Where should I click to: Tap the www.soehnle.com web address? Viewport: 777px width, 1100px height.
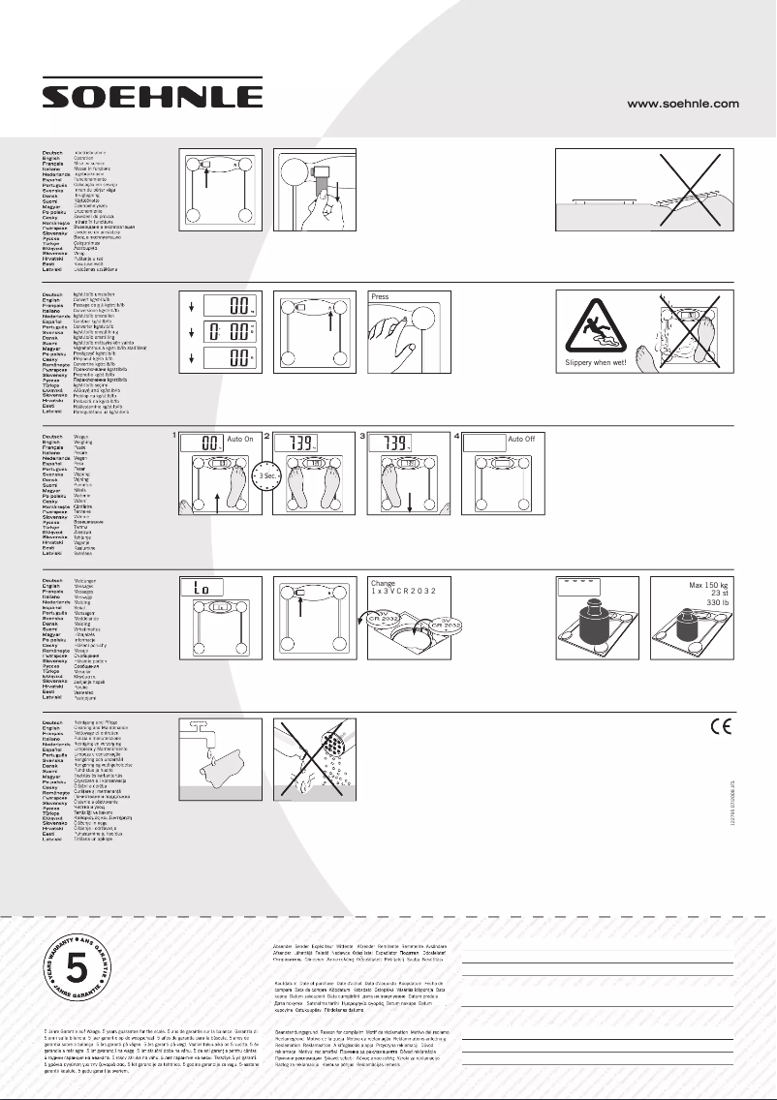pyautogui.click(x=684, y=103)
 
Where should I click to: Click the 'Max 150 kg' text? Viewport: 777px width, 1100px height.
pyautogui.click(x=700, y=586)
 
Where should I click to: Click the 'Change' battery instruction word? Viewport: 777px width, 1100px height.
pyautogui.click(x=384, y=585)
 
